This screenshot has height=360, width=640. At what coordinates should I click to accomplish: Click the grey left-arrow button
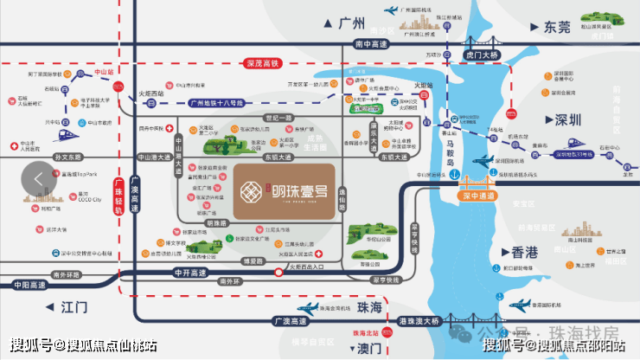(x=38, y=178)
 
